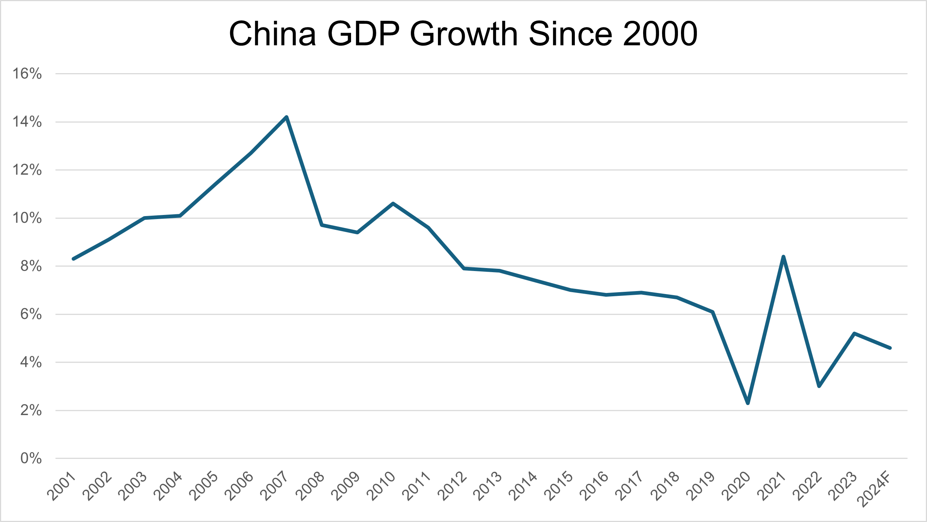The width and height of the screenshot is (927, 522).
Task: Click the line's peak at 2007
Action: tap(286, 117)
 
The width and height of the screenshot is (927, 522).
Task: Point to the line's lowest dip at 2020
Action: tap(748, 403)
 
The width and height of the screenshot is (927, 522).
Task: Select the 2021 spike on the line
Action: tap(783, 257)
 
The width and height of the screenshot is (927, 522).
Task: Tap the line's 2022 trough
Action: tap(819, 386)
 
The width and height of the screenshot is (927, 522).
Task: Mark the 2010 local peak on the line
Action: tap(393, 203)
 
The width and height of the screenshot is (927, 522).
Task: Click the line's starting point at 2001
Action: tap(73, 259)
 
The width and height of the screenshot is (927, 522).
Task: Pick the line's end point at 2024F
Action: tap(890, 348)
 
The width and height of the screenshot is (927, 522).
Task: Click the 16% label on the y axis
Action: tap(27, 74)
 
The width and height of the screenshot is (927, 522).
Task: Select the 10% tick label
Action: tap(27, 218)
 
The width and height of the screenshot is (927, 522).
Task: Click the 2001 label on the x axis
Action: tap(62, 486)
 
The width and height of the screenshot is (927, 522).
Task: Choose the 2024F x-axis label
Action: tap(874, 489)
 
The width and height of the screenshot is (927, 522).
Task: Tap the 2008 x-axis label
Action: tap(310, 486)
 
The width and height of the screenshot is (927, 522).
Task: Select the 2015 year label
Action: tap(559, 486)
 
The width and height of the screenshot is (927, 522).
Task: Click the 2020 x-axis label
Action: tap(736, 486)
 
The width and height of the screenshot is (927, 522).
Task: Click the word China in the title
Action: tap(272, 34)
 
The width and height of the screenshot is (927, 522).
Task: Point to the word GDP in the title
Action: tap(363, 34)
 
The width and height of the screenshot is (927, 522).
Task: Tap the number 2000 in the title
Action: tap(660, 34)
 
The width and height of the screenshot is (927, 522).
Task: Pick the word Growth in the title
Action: tap(463, 34)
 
